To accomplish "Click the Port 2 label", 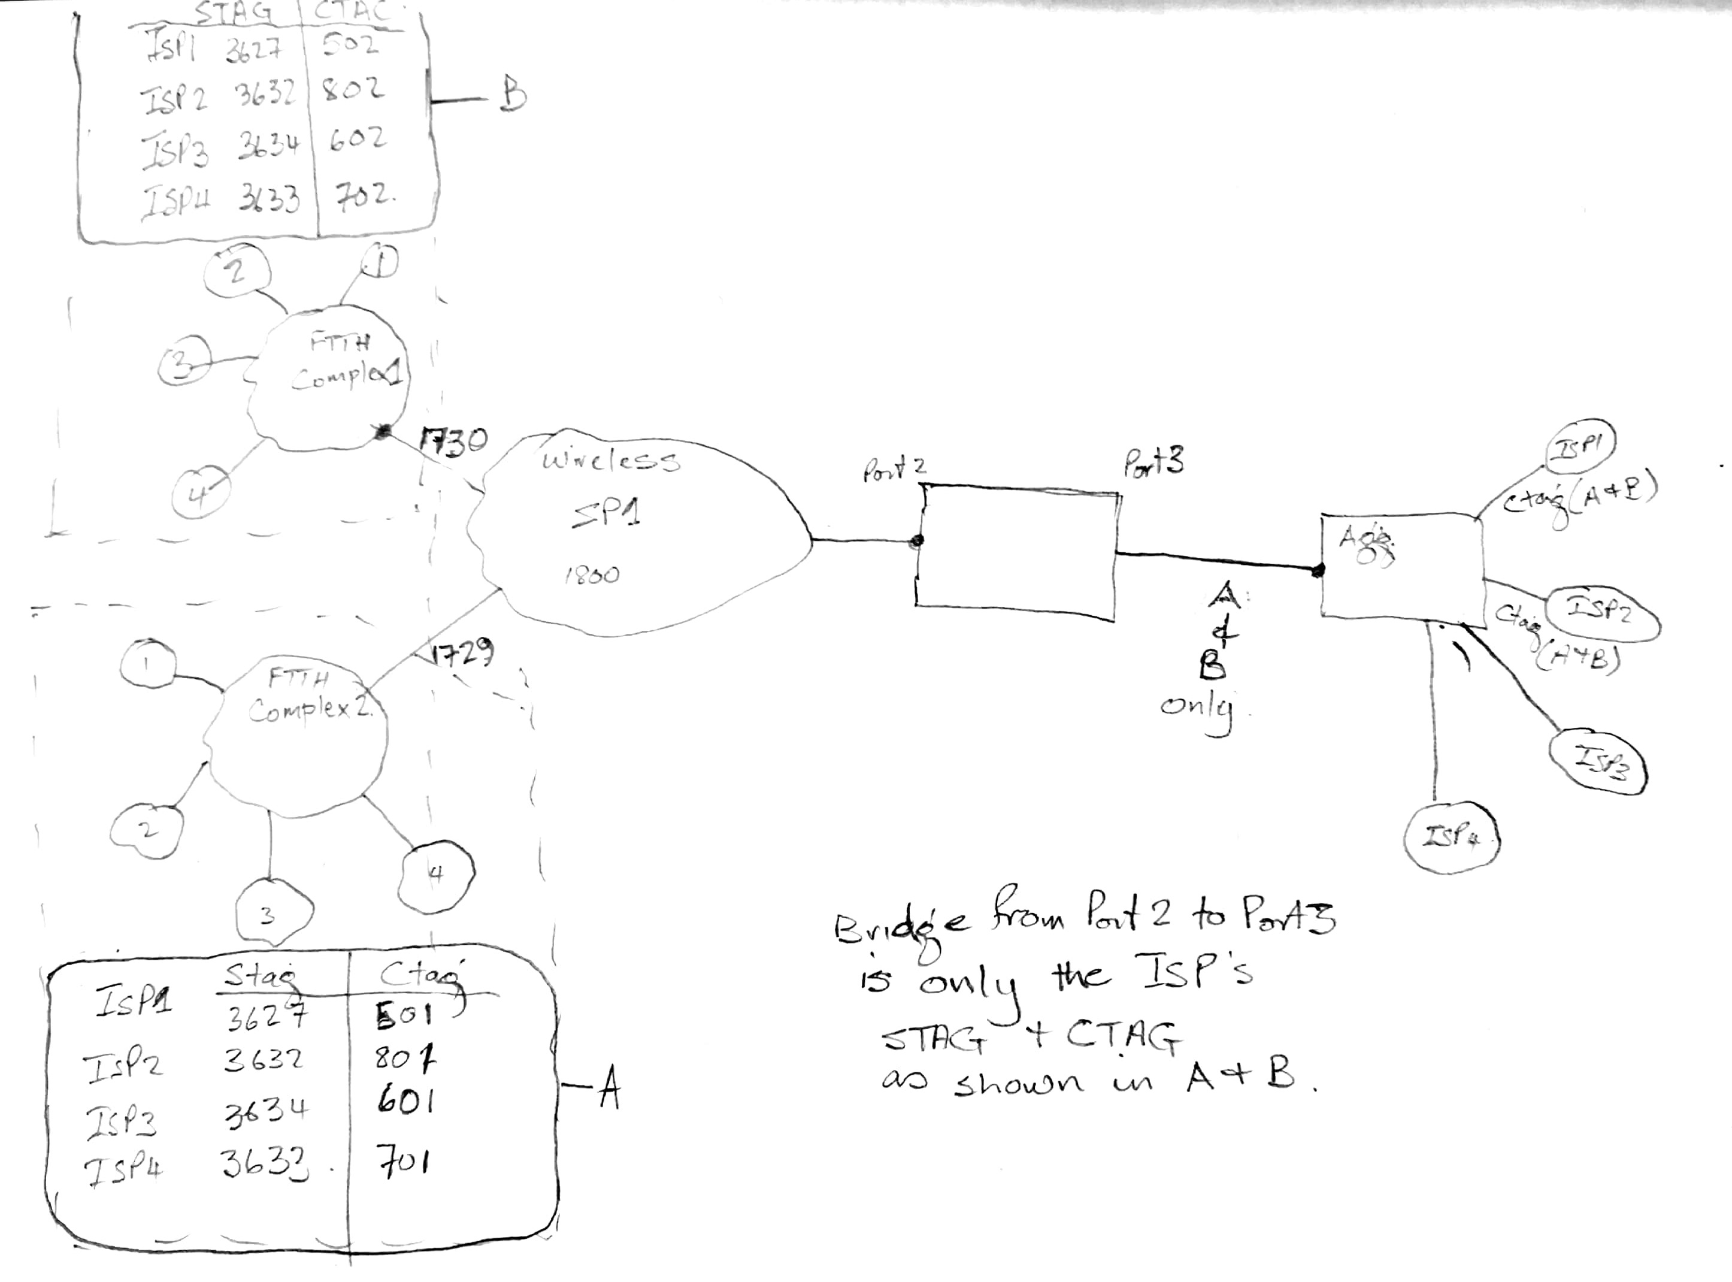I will [894, 470].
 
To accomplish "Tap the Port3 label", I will [1153, 462].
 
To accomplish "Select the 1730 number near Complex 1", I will [455, 442].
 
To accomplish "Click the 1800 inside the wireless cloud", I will [592, 575].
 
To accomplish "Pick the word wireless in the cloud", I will [610, 461].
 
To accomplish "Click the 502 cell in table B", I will [350, 45].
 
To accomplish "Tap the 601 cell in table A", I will [405, 1101].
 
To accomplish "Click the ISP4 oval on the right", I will [1451, 839].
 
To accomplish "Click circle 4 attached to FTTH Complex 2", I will [436, 875].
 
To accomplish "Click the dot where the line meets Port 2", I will [916, 541].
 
